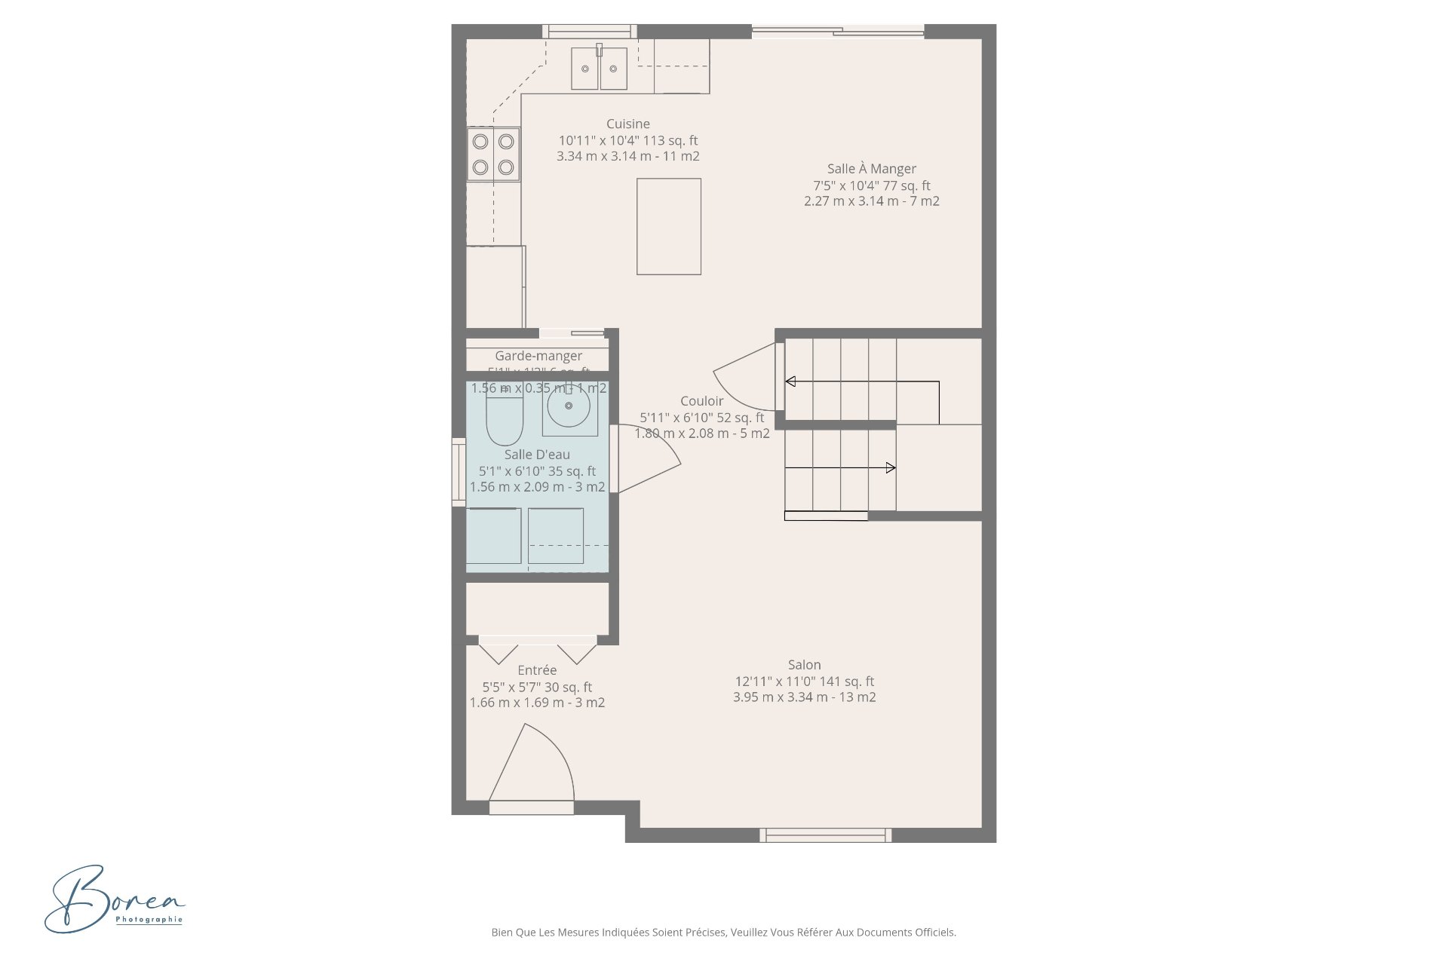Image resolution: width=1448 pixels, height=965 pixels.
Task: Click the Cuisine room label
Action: tap(627, 124)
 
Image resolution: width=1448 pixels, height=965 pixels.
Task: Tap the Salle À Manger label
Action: tap(871, 169)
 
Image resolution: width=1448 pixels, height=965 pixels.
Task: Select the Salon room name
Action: tap(804, 664)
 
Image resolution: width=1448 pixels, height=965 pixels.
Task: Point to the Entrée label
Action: tap(537, 669)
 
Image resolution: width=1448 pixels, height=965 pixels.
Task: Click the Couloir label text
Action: tap(701, 401)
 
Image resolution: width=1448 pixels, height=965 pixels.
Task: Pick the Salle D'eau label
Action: tap(537, 454)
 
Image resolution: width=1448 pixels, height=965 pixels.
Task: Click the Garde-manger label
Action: tap(538, 356)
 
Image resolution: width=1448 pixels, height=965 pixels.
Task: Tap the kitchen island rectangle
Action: tap(668, 226)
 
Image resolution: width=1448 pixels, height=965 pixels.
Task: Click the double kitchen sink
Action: tap(599, 69)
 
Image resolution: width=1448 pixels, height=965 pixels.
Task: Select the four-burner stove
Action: tap(493, 154)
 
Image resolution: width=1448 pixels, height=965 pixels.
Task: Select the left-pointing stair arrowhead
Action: tap(790, 381)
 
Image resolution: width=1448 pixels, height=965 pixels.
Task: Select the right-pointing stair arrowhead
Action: tap(891, 468)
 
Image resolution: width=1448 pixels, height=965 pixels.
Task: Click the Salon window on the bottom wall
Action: tap(825, 835)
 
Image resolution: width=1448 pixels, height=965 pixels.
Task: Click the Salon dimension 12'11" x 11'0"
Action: tap(804, 681)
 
